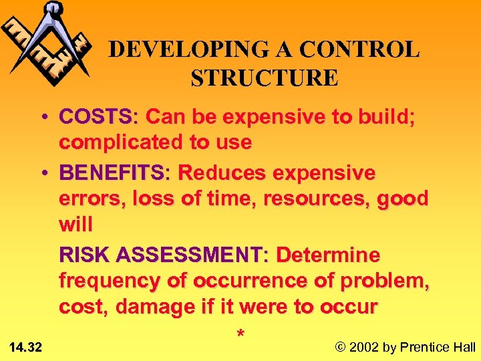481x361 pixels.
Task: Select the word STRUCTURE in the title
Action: pos(265,78)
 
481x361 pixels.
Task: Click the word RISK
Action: pos(85,255)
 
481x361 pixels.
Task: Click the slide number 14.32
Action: pos(26,347)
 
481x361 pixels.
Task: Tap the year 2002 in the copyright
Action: pos(363,347)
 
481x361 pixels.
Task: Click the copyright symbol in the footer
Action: pos(340,347)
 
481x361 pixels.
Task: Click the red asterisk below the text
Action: pos(240,333)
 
